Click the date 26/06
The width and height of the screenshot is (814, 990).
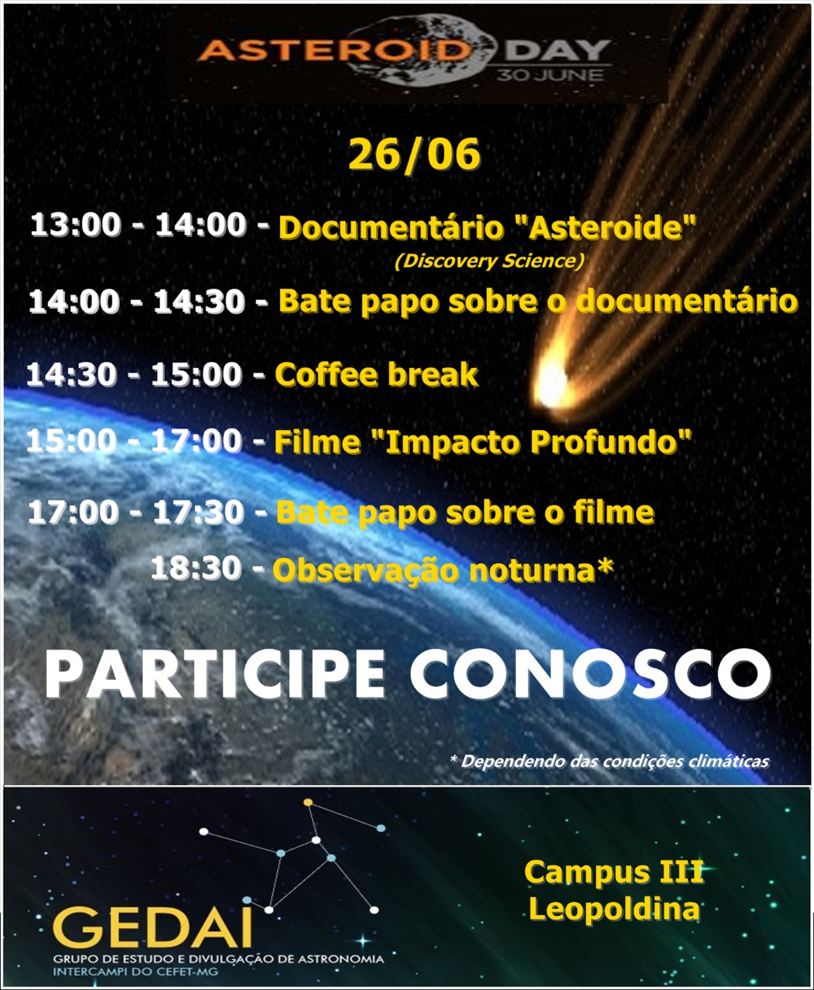(414, 155)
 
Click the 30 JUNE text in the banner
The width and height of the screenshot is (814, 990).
(550, 75)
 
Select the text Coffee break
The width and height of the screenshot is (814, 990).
(376, 374)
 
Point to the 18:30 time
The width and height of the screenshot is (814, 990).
(196, 568)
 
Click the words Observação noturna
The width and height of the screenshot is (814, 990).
(433, 571)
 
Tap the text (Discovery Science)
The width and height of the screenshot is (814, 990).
(489, 261)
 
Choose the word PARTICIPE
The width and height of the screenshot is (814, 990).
(215, 675)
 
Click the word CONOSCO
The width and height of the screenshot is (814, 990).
(590, 675)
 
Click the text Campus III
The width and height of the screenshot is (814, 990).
(614, 872)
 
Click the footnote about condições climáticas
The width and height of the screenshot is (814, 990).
(609, 760)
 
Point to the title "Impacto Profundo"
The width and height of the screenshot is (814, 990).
(532, 442)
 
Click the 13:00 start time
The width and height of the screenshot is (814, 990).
(76, 224)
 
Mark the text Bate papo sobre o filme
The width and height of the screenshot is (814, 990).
(465, 512)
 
